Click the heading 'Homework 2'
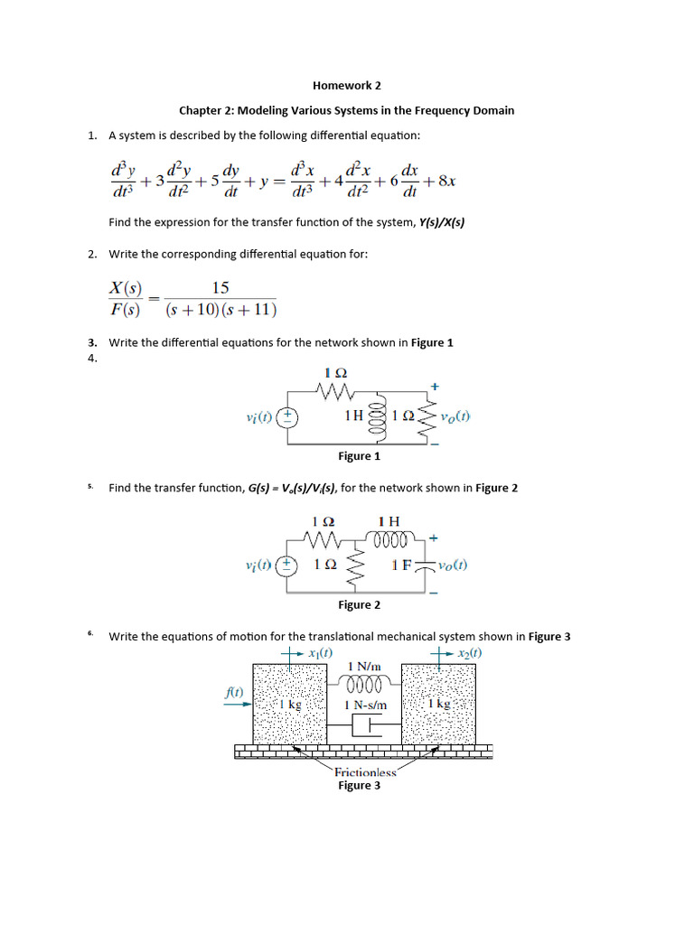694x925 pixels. pos(347,86)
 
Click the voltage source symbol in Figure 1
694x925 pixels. pos(287,417)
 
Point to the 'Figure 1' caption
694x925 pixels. pos(359,456)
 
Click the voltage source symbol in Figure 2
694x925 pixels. pos(287,565)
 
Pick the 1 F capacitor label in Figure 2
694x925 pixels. pos(402,565)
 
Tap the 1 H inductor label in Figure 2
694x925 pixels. pos(389,521)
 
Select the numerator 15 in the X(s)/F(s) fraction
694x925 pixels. pos(220,288)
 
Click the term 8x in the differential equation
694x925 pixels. pos(446,181)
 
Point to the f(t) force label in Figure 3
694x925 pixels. pos(234,692)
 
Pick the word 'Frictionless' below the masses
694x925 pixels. pos(365,772)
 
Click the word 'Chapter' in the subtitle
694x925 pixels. pos(200,110)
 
